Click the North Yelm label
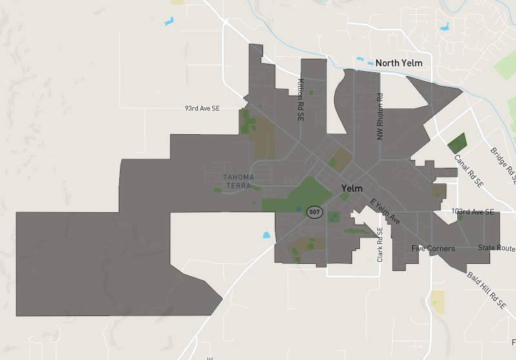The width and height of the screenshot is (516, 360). pyautogui.click(x=399, y=63)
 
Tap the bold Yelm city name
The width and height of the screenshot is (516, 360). pyautogui.click(x=352, y=188)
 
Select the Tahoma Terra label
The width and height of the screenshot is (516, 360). pyautogui.click(x=238, y=181)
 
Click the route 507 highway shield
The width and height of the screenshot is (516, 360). pyautogui.click(x=314, y=212)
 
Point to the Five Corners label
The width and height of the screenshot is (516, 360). pyautogui.click(x=433, y=248)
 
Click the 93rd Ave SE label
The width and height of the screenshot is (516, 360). pyautogui.click(x=202, y=108)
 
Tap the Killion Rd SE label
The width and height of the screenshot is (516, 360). pyautogui.click(x=301, y=101)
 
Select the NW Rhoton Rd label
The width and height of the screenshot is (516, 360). pyautogui.click(x=380, y=117)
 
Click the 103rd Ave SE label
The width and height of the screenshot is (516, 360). pyautogui.click(x=473, y=212)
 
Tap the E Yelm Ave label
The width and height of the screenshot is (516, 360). pyautogui.click(x=385, y=212)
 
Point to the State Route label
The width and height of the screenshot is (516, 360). pyautogui.click(x=497, y=248)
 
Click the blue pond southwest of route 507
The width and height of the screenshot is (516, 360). pyautogui.click(x=266, y=235)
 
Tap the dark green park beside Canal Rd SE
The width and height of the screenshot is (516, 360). pyautogui.click(x=457, y=143)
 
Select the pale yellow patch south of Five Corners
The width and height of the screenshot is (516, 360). pyautogui.click(x=438, y=302)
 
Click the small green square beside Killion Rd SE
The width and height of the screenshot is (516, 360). pyautogui.click(x=311, y=93)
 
